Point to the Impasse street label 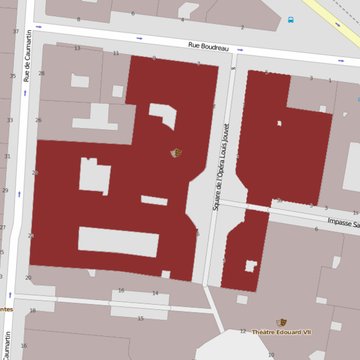coord(342,222)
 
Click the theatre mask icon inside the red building coord(177,152)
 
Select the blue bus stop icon coord(291,20)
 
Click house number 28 coord(41,73)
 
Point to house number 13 coord(77,48)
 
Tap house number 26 coord(38,121)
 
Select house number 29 coord(5,190)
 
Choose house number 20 coord(29,278)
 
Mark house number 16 coord(121,291)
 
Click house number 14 coord(155,293)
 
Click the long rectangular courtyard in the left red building coord(118,241)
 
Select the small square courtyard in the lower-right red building coord(250,265)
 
